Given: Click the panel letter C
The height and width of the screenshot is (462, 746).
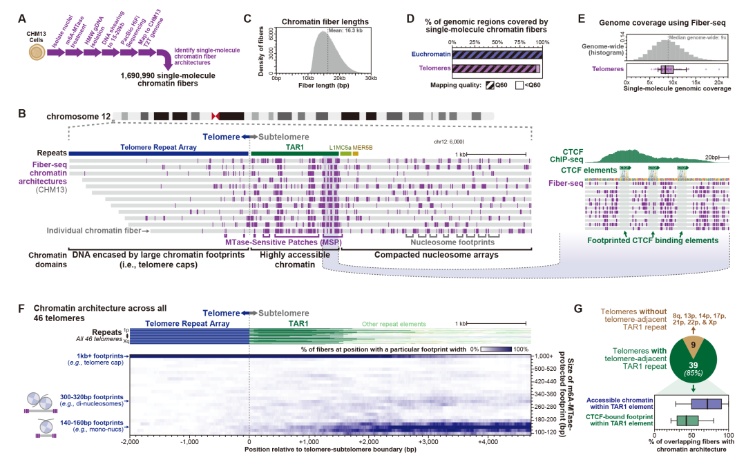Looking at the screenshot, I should [247, 18].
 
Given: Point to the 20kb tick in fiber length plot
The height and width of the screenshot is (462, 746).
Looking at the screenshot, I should [339, 79].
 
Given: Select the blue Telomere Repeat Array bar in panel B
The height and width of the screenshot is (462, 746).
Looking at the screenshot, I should [159, 153].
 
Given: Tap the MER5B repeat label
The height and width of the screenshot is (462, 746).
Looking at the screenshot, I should [363, 147].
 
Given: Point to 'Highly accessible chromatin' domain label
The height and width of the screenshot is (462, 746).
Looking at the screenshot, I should [291, 255].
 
